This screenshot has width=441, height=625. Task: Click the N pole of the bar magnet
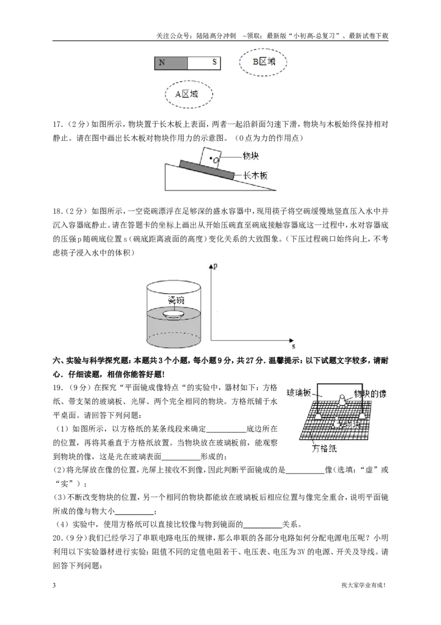(x=171, y=62)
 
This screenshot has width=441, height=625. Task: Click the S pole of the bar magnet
(x=204, y=62)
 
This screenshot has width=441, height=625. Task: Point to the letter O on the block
(x=216, y=160)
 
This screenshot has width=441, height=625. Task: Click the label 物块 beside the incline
(x=251, y=156)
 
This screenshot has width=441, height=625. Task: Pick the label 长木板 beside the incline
(x=255, y=175)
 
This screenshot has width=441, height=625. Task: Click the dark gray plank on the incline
(x=206, y=170)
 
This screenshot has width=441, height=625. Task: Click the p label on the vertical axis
(x=216, y=266)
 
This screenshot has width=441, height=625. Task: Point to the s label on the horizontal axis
(x=293, y=346)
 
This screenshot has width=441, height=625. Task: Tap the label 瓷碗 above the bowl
(x=176, y=300)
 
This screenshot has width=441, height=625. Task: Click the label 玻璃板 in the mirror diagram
(x=299, y=393)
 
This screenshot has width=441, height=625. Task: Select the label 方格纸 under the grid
(x=324, y=448)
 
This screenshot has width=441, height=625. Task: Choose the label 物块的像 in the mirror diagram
(x=370, y=394)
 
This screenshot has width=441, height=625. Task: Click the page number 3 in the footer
(x=54, y=585)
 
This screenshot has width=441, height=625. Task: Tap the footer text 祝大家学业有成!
(x=364, y=585)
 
